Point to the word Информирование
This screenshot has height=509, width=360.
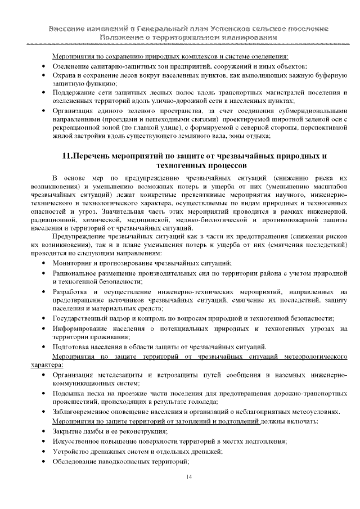81,327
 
